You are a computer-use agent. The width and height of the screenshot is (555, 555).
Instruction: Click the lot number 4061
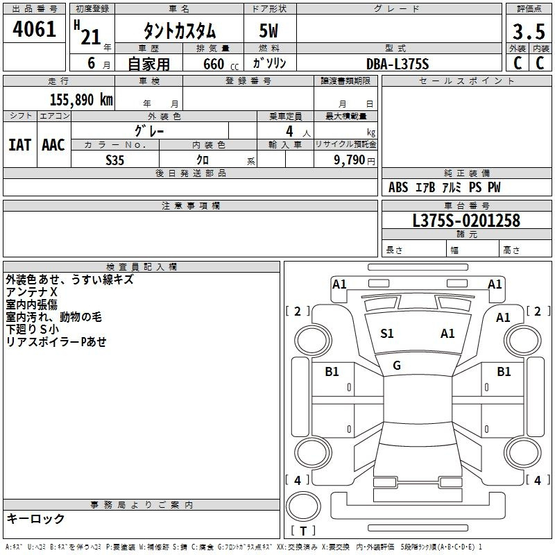[34, 28]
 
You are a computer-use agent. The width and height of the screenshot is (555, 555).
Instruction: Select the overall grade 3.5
[529, 31]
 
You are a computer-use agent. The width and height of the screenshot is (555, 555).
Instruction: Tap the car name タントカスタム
[180, 31]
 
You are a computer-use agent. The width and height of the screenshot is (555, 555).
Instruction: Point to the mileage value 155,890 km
[81, 99]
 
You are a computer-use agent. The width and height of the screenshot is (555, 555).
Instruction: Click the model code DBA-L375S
[398, 64]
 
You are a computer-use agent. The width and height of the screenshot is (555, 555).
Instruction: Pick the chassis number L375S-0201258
[466, 221]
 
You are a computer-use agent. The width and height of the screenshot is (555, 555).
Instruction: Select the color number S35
[114, 160]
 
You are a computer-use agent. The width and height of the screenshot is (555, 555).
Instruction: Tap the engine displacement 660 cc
[221, 64]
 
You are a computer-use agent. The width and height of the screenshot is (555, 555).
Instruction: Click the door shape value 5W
[268, 31]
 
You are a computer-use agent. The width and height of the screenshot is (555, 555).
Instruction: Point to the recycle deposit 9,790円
[355, 160]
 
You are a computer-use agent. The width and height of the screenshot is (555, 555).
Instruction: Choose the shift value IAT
[20, 145]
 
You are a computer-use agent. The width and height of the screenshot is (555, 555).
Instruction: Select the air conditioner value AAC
[53, 145]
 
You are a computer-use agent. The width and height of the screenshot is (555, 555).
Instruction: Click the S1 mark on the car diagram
[387, 334]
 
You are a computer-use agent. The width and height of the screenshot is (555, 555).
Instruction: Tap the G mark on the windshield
[397, 366]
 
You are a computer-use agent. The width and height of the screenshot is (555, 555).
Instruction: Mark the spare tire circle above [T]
[303, 506]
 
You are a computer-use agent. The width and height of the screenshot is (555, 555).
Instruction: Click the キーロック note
[35, 518]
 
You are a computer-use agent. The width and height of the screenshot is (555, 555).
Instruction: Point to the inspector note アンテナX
[31, 292]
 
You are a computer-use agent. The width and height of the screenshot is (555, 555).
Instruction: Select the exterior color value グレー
[149, 131]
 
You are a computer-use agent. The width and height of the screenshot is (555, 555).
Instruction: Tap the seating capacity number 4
[289, 131]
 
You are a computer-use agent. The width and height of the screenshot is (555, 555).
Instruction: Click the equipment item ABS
[398, 187]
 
